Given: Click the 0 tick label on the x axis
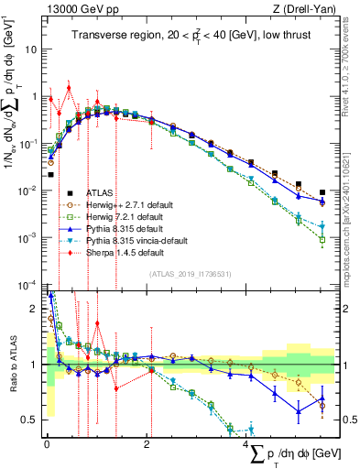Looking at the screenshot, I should coord(47,443).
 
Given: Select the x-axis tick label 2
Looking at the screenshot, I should coord(147,443).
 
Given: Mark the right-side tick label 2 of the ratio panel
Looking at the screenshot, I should coord(346,310).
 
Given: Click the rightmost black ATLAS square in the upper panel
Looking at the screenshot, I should coord(322,193).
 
